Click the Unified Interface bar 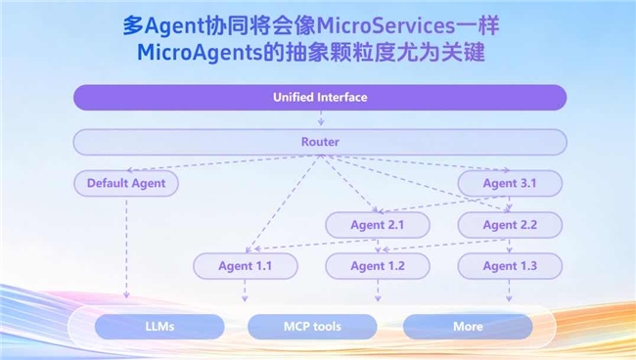320,97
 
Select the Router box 320,142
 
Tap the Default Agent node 125,183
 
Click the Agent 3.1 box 509,183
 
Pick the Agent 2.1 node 377,225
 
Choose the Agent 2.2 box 509,225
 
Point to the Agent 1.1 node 245,266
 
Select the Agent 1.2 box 377,266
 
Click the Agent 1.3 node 509,266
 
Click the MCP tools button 312,326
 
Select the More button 468,326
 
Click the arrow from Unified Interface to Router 320,119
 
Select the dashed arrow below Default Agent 125,245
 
